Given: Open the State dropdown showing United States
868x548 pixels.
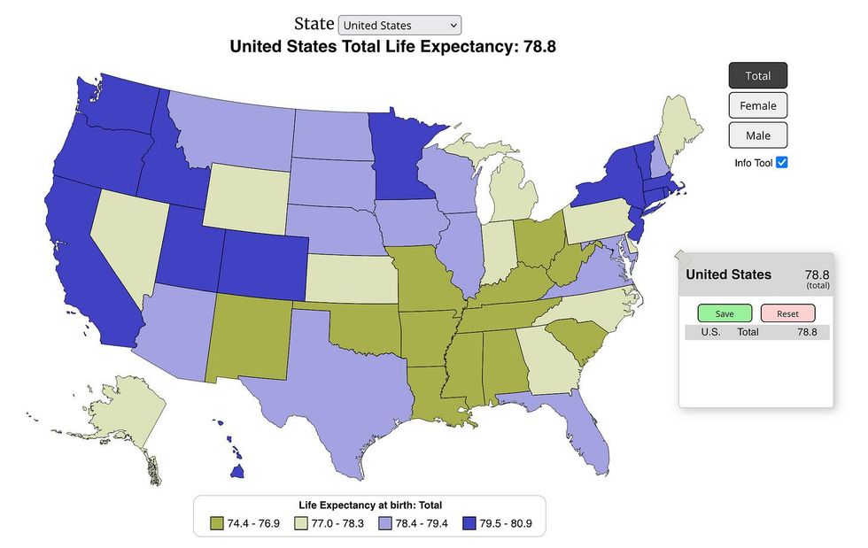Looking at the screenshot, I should click(399, 26).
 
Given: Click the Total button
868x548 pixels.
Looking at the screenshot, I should click(757, 76).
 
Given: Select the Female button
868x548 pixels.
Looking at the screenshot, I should click(757, 105).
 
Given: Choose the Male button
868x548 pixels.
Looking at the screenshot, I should click(757, 135).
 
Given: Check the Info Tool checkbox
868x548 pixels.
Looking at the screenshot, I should click(781, 163).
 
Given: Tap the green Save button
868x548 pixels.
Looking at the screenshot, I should click(724, 313).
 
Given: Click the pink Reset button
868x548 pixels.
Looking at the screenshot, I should click(787, 313).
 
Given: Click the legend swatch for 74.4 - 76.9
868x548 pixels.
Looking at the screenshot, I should click(217, 523).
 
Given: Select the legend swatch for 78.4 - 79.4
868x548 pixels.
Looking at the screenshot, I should click(386, 523).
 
